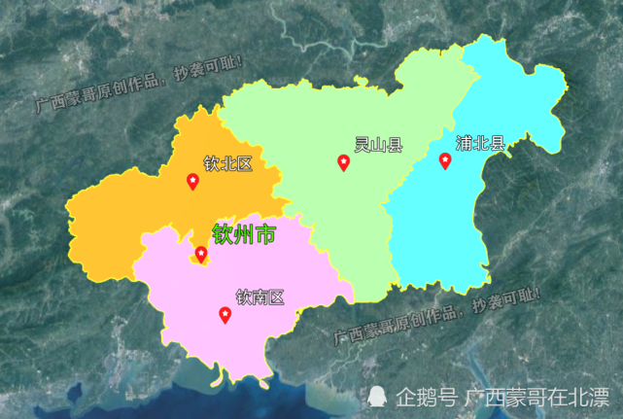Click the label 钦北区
point(227,163)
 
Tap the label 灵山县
point(378,146)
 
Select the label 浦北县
point(481,144)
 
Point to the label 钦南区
point(260,297)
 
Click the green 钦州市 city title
point(244,233)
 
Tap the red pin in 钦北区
point(192,181)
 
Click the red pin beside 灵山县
point(343,162)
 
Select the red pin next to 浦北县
point(445,160)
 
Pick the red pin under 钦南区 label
point(225,314)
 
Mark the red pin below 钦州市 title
point(201,254)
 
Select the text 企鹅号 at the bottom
point(427,397)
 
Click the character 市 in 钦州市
point(264,233)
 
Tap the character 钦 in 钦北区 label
point(212,163)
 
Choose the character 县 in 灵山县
point(394,146)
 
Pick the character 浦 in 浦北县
point(466,144)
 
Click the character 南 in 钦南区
point(260,297)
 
